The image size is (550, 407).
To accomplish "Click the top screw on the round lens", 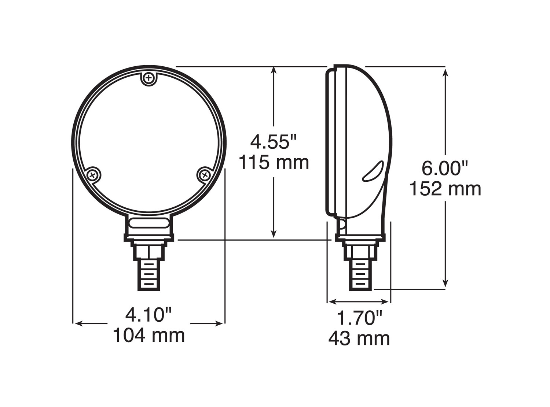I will [x=149, y=78].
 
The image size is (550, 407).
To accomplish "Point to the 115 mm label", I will [x=274, y=162].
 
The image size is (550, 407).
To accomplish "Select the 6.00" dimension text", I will [x=445, y=169].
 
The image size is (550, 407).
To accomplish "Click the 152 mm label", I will [x=445, y=189].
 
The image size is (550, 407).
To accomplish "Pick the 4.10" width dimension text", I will [x=149, y=315].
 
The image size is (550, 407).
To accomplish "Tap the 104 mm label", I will [x=149, y=335].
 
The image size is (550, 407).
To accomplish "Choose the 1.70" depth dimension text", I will [x=359, y=318].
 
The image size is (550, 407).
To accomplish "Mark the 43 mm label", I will [x=359, y=338].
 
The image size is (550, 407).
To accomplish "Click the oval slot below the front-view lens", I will [x=149, y=223].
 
